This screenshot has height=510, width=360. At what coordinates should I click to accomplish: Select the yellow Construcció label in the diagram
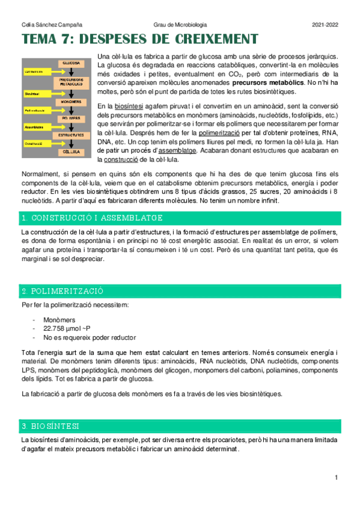tap(34, 144)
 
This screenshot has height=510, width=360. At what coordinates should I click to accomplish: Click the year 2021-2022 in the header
tap(325, 25)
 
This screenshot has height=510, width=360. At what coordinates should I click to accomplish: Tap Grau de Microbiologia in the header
tap(180, 25)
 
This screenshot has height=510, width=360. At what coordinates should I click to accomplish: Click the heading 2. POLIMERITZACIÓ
tap(62, 291)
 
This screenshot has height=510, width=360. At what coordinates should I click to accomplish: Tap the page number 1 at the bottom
tap(337, 478)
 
